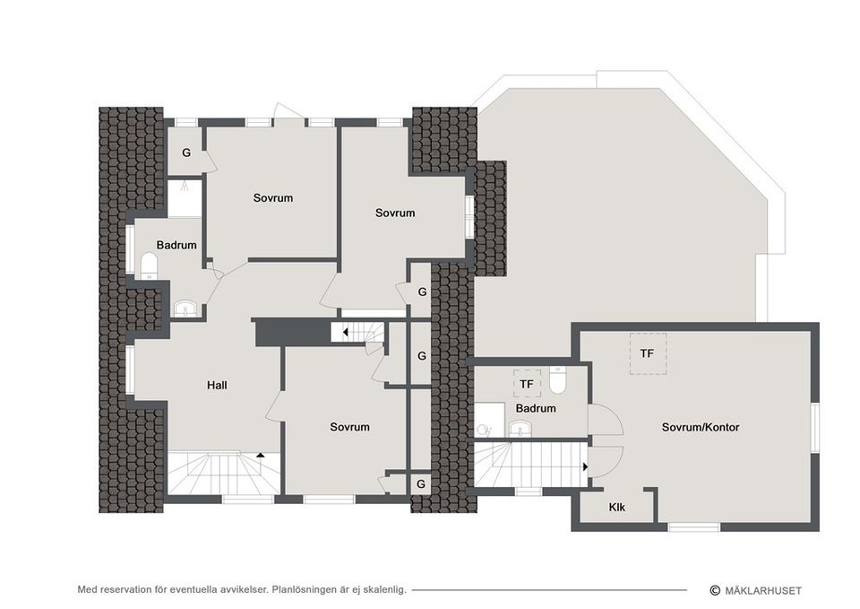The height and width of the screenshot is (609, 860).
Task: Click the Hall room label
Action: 216,386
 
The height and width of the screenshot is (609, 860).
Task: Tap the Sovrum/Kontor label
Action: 701,428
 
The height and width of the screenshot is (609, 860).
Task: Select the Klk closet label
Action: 616,508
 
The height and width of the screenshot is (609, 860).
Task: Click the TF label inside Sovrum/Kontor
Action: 647,353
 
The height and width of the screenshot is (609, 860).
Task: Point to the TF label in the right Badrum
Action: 527,385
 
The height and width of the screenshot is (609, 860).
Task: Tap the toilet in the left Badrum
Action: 149,264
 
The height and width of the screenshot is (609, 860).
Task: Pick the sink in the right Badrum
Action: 519,429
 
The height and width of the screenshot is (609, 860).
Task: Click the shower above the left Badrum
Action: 185,198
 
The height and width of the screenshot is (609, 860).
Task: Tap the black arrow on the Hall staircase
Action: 261,456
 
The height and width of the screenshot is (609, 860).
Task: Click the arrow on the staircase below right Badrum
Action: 585,466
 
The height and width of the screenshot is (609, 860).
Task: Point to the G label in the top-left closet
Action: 186,152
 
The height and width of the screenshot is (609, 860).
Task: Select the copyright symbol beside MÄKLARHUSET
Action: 715,590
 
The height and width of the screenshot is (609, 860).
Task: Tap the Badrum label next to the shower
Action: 176,245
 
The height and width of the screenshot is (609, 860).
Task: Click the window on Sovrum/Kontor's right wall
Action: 815,428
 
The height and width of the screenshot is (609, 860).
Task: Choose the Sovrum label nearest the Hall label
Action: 349,427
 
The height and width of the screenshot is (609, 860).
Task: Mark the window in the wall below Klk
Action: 694,527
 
